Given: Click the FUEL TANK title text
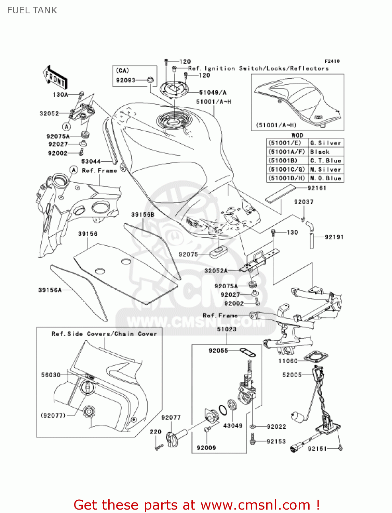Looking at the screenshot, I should (32, 10).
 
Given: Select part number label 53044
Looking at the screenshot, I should (91, 161).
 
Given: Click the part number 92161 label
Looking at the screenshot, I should (317, 188).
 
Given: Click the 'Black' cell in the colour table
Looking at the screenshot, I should (320, 152).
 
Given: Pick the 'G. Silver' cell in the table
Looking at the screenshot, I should (325, 143).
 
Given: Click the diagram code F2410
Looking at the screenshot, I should (332, 61).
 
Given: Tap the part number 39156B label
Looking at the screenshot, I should (143, 214).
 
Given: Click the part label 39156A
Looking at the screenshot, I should (50, 290).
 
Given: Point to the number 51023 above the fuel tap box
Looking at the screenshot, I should (227, 329).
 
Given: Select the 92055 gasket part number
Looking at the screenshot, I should (218, 350).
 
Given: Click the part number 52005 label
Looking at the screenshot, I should (292, 375).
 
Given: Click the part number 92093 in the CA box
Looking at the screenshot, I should (126, 80).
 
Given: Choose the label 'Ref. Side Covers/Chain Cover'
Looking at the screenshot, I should (104, 334).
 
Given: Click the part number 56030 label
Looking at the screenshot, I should (51, 375).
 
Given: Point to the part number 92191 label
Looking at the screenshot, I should (334, 237).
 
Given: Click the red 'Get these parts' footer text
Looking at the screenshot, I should (197, 505).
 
